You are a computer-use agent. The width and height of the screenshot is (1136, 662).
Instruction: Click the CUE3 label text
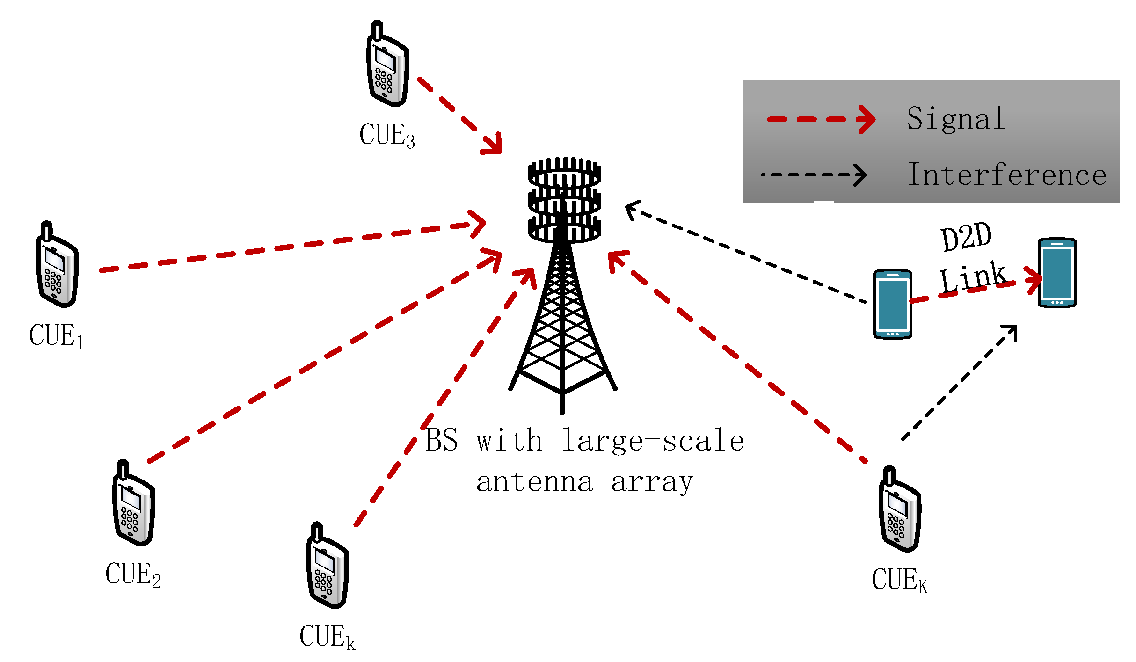coord(386,135)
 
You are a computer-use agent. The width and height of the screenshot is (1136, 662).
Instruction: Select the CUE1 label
coord(56,336)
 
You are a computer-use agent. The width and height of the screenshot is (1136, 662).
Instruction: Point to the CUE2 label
coord(133,575)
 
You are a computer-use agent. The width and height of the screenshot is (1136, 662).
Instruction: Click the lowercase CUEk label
coord(327,636)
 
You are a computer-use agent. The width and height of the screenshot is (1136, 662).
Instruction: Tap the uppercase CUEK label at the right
coord(899,580)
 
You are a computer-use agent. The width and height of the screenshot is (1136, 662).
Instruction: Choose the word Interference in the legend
coord(1007,175)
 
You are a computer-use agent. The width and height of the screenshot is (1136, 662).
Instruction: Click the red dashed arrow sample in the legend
coord(821,119)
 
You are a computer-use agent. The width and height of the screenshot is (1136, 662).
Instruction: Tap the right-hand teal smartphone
coord(1057,273)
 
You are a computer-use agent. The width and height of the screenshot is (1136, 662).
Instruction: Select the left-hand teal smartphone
coord(892,304)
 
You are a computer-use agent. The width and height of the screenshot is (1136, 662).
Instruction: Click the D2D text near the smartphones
coord(966,238)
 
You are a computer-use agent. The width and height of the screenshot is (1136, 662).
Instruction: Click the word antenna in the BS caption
coord(535,482)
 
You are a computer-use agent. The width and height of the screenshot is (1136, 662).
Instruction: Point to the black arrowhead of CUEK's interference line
coord(1011,331)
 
